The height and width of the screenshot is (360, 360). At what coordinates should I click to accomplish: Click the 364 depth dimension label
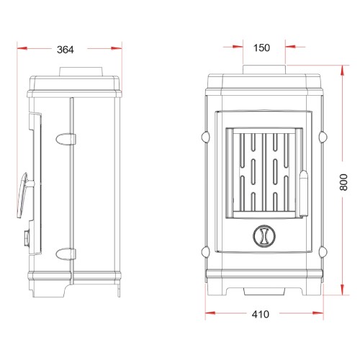coord(66,50)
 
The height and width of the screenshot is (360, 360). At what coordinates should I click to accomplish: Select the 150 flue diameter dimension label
coord(261,48)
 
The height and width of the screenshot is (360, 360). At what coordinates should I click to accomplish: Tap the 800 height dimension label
coord(343,182)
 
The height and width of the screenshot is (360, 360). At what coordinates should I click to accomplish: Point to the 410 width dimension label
coord(261,314)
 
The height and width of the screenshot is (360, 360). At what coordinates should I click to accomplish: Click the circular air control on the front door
coord(264,236)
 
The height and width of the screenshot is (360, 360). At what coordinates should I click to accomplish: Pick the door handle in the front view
coord(304,193)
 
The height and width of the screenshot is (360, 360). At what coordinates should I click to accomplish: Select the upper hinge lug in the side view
coord(66,139)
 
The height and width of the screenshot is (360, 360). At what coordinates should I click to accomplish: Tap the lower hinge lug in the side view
coord(66,254)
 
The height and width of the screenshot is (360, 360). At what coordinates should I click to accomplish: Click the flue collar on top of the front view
coord(264,69)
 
